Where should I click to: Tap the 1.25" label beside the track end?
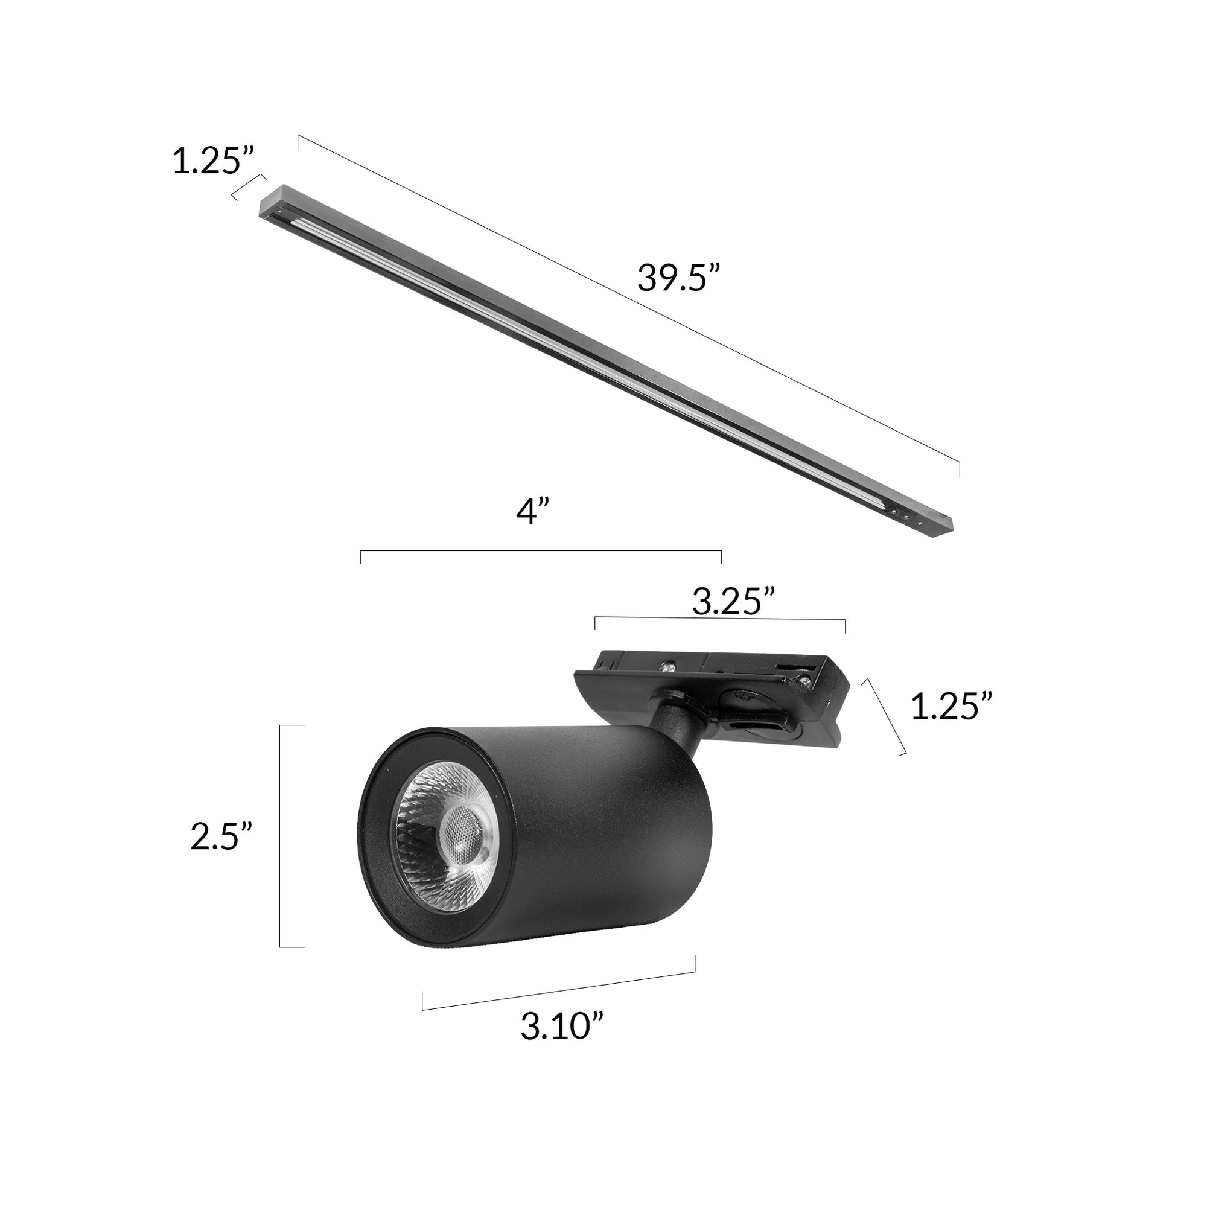click(x=214, y=161)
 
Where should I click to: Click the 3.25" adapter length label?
click(x=733, y=602)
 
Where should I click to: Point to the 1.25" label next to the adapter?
click(x=951, y=707)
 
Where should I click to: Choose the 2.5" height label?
click(x=221, y=836)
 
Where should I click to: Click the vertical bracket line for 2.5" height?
click(x=281, y=836)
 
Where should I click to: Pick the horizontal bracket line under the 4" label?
click(x=541, y=551)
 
